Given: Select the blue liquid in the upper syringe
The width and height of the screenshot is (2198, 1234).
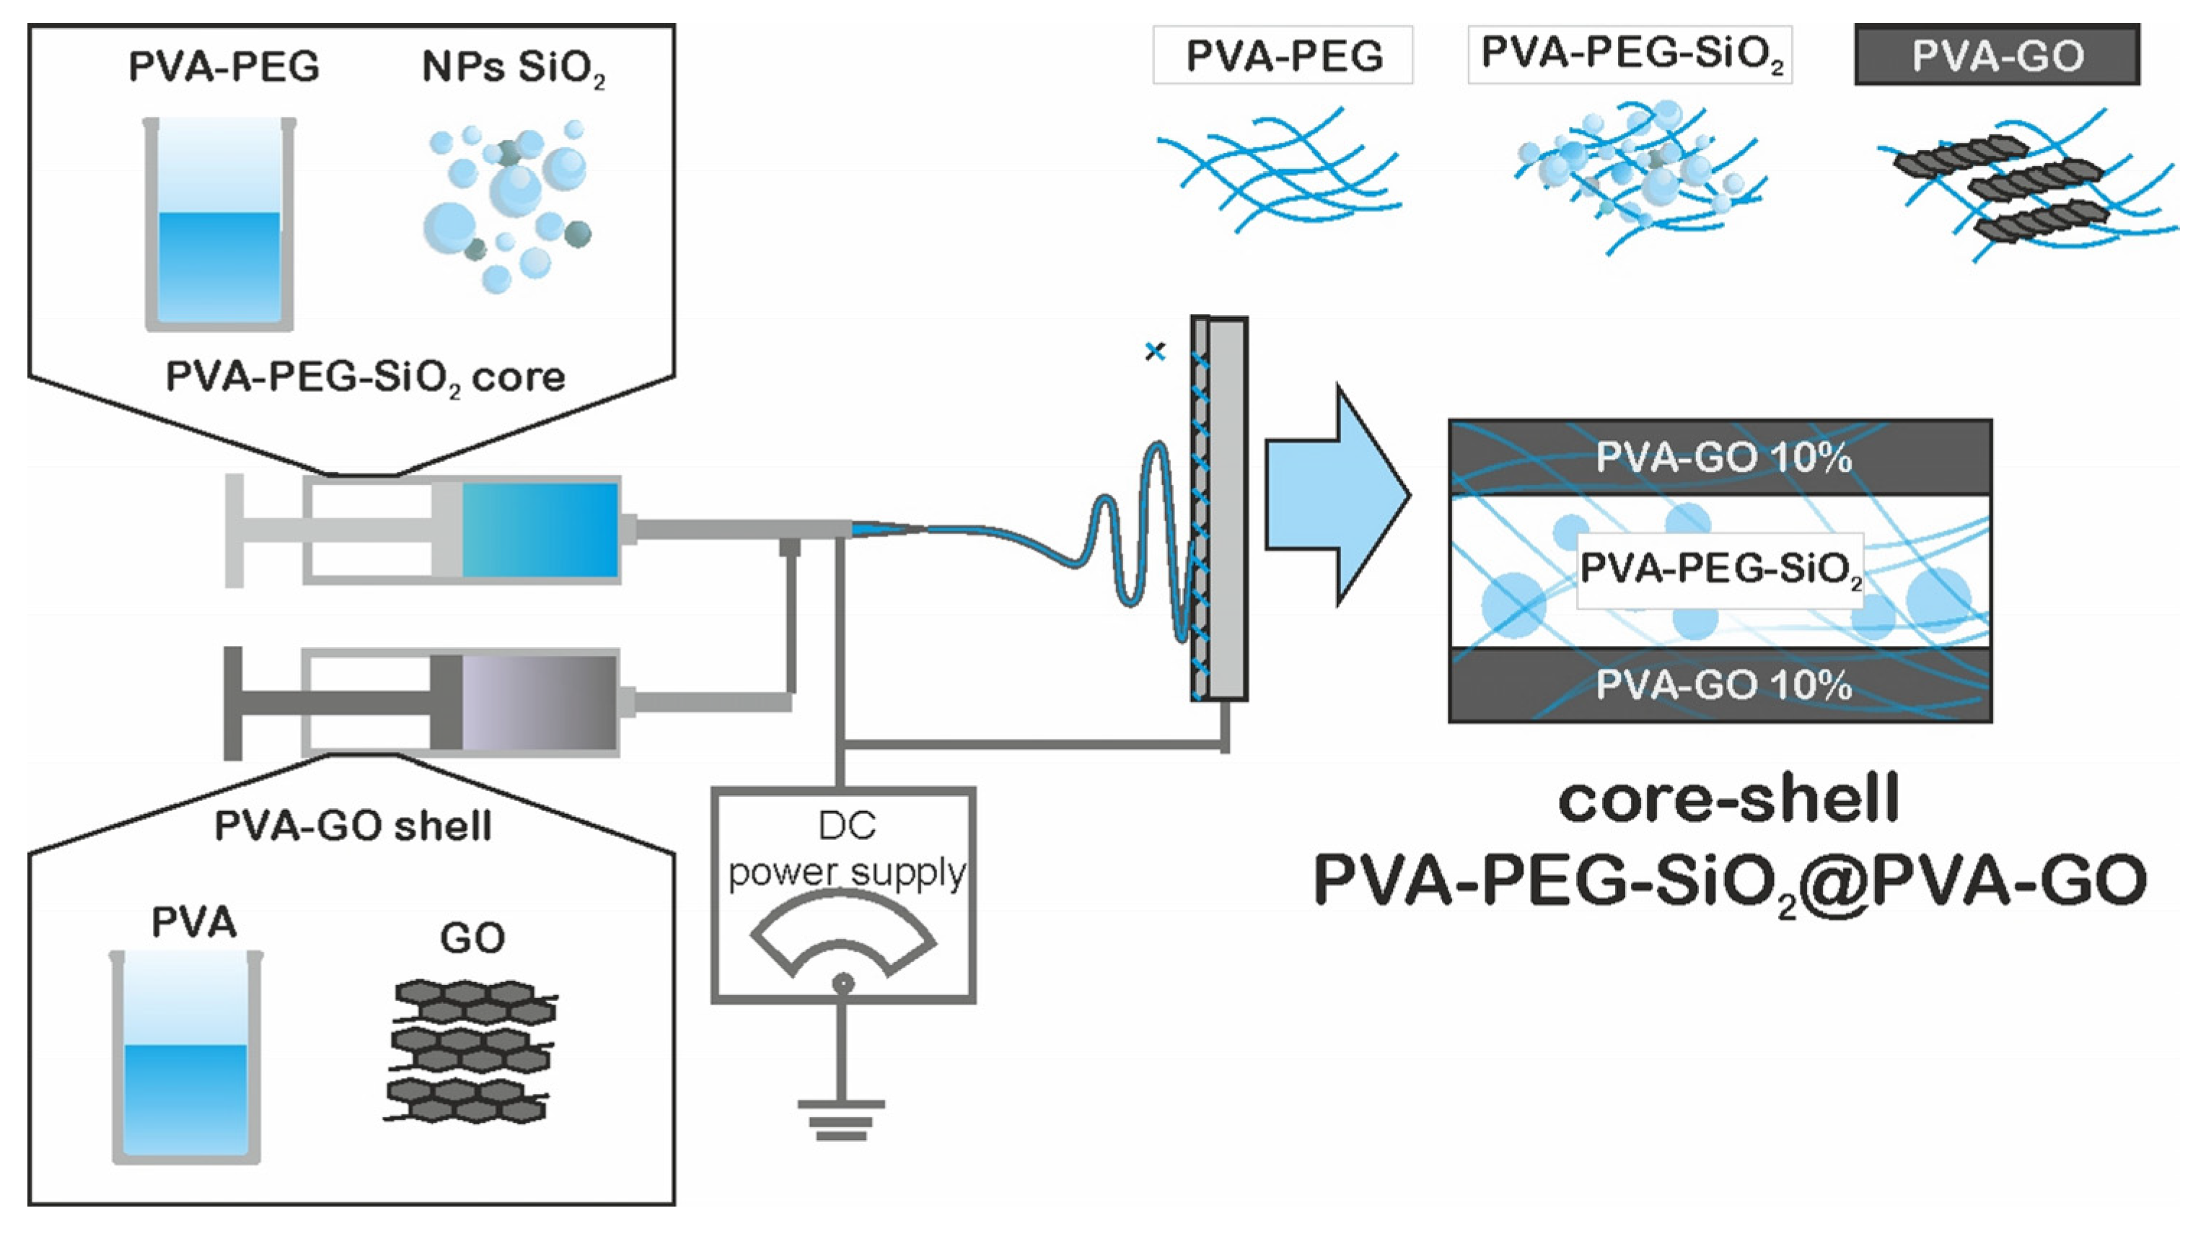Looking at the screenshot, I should [540, 530].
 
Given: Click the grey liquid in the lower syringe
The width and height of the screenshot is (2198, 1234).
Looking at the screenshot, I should [540, 702].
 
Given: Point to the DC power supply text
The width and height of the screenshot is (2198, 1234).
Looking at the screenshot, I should [845, 850].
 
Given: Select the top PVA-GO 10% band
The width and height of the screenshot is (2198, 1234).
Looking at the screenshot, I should [1720, 458].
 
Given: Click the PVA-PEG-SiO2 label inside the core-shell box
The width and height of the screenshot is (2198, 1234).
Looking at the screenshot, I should [1720, 569].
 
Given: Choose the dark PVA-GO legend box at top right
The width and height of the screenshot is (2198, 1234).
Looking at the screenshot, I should [1997, 56].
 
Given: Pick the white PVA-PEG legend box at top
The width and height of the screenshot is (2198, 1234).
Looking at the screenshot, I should [1283, 56].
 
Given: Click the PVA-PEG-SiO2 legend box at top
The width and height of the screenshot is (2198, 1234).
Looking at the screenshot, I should [1630, 55].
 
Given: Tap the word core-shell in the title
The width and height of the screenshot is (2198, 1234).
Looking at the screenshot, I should [1728, 800].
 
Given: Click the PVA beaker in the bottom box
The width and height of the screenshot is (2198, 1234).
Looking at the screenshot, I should [186, 1058].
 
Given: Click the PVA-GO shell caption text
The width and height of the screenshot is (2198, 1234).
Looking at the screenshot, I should [353, 826].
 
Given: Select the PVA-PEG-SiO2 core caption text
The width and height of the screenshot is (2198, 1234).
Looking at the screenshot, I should [365, 377].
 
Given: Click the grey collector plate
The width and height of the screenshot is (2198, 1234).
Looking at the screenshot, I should [1226, 509].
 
